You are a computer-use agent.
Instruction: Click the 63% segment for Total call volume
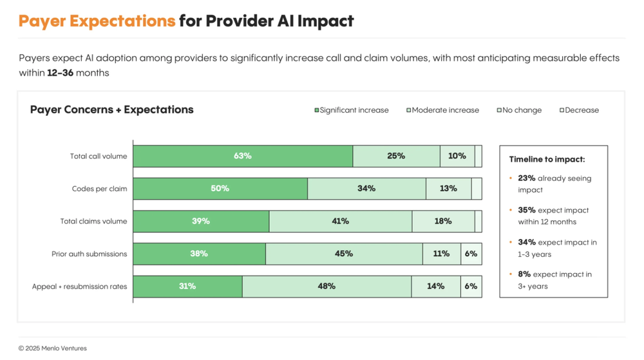pos(243,156)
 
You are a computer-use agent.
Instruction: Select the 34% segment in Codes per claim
pos(366,189)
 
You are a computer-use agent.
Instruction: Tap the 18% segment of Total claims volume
pos(443,221)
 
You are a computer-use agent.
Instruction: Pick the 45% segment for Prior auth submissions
pos(344,254)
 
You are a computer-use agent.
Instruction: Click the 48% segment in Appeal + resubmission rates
pos(327,286)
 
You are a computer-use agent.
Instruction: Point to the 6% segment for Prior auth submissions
pos(471,254)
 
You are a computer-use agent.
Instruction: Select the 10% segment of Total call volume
pos(457,156)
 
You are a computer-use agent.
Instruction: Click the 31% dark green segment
pos(187,286)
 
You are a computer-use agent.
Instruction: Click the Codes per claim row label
pos(99,189)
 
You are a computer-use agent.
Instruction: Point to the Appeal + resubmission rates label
pos(79,287)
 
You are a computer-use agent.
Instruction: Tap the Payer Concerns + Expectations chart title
pos(111,109)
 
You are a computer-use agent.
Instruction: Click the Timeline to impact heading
pos(547,159)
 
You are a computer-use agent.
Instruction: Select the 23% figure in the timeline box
pos(526,178)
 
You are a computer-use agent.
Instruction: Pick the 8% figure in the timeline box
pos(524,274)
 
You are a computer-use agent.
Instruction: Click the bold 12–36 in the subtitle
pos(60,73)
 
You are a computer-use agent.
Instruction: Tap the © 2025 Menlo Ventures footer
pos(52,348)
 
